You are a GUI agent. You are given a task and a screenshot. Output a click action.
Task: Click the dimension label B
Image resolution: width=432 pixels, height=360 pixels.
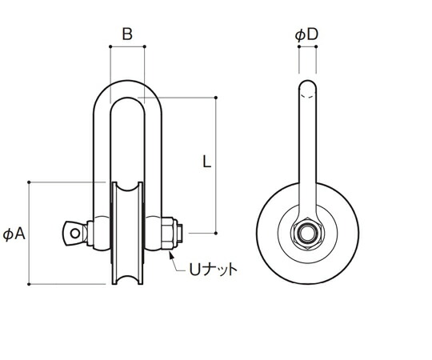127,34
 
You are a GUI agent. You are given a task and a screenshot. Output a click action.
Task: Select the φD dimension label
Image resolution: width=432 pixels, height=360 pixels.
306,35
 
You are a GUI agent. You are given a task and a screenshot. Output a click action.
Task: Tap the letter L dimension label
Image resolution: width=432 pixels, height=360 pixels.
206,162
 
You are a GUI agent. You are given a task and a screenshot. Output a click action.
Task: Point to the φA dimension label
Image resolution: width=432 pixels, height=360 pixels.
14,234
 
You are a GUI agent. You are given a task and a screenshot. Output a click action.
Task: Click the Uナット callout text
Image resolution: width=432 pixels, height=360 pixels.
213,269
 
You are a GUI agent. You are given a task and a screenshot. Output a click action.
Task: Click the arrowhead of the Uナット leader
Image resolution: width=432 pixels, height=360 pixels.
171,255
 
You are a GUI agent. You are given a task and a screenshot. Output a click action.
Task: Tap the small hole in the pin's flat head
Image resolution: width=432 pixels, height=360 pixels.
75,234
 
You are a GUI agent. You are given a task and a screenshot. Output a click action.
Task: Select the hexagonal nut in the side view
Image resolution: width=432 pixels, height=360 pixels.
307,234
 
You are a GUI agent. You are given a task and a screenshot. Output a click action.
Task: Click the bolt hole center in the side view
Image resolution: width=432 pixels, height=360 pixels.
307,234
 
